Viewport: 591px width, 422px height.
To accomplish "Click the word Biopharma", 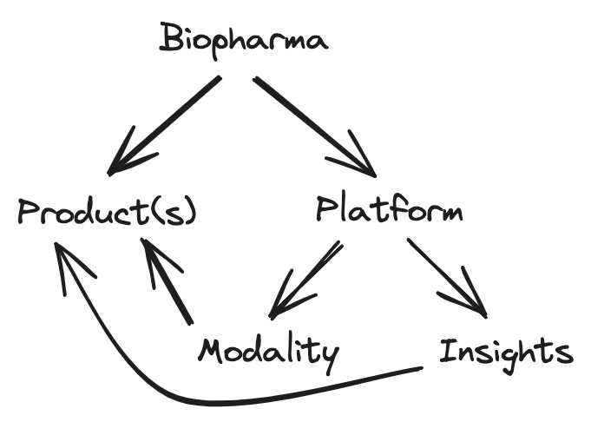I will point(244,40).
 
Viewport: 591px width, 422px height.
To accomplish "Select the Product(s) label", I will point(107,212).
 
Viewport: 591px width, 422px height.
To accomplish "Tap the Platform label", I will point(389,211).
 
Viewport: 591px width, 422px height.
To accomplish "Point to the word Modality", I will point(268,352).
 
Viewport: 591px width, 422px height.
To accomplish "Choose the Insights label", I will point(505,352).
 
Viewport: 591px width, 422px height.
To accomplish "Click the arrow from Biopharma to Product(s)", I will point(165,124).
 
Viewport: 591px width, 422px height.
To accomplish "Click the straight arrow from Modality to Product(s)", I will point(168,283).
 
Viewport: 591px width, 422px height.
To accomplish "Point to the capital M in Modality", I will point(213,351).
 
